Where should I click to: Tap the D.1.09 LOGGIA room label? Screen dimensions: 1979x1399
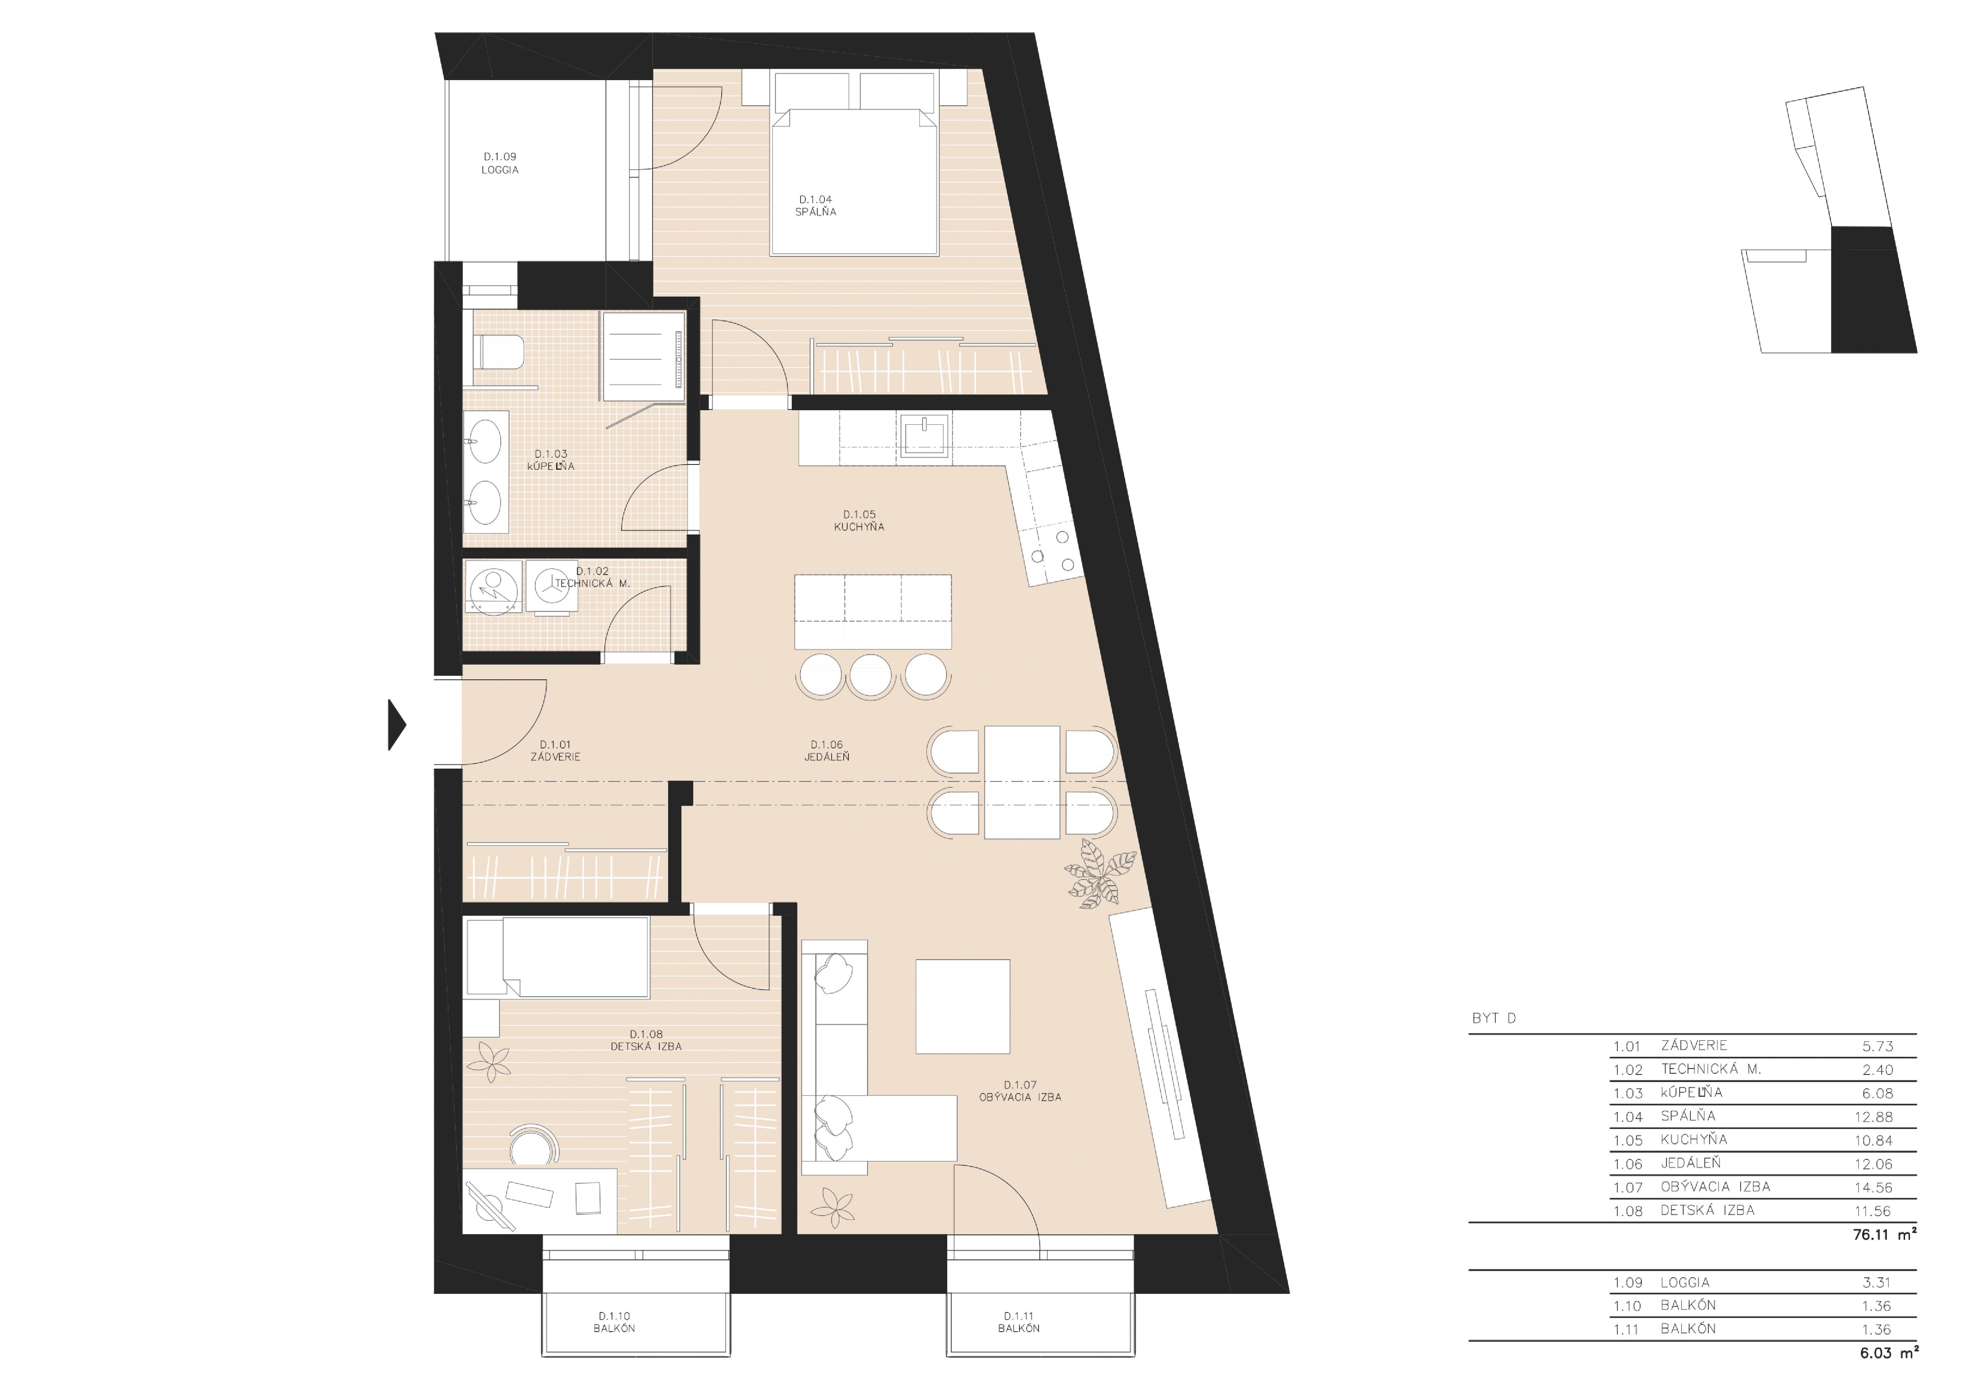point(500,163)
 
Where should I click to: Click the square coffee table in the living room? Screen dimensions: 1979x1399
point(962,1006)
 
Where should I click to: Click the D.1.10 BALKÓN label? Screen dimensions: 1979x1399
point(614,1322)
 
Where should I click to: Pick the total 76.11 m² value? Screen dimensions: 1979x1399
point(1884,1234)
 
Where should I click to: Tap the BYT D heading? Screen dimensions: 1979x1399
point(1494,1018)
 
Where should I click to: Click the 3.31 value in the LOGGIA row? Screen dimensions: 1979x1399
point(1877,1283)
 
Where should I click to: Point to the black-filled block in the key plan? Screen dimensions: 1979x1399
point(1872,289)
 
